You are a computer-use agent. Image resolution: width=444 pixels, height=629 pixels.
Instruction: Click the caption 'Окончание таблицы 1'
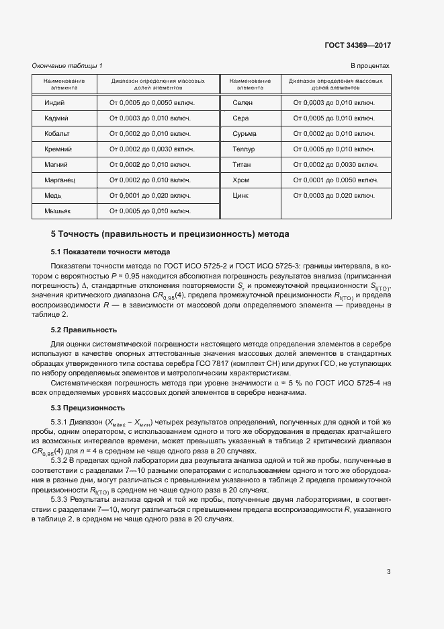(x=67, y=65)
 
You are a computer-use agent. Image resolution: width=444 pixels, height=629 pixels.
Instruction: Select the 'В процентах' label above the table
(x=370, y=65)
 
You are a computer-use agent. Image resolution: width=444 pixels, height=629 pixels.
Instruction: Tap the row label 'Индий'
(x=54, y=102)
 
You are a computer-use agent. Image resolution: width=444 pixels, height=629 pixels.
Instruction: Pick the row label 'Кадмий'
(x=56, y=118)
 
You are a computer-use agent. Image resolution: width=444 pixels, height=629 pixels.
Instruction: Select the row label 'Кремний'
(x=58, y=149)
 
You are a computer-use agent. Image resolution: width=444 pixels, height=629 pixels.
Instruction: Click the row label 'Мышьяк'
(x=58, y=211)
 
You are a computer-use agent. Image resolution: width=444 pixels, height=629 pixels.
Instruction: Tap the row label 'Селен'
(x=242, y=102)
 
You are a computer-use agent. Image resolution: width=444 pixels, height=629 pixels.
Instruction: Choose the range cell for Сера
(x=334, y=118)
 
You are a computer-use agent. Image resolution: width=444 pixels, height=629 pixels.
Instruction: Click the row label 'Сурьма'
(x=244, y=133)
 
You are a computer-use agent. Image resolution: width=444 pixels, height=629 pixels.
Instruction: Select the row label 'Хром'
(x=240, y=180)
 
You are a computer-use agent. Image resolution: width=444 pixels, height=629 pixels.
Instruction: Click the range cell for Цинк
(x=334, y=195)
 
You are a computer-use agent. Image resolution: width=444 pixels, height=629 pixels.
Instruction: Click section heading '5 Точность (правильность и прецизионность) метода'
(x=170, y=235)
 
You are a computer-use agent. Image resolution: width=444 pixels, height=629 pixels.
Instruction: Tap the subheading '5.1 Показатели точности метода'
(x=106, y=252)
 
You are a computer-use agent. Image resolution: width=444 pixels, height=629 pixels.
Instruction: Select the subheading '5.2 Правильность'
(x=84, y=330)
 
